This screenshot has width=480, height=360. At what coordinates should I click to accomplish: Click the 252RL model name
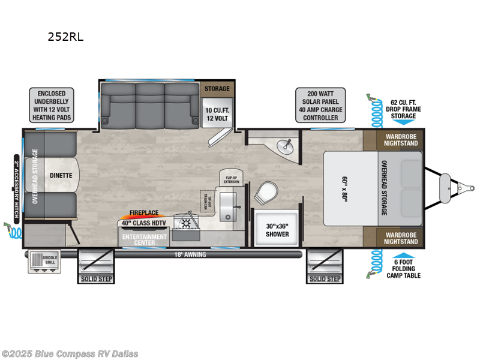[x=65, y=37]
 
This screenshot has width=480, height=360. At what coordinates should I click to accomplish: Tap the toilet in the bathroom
[x=265, y=193]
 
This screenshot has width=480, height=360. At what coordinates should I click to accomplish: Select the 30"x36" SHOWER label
[x=277, y=230]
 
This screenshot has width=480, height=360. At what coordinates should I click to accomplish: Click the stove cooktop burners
[x=186, y=223]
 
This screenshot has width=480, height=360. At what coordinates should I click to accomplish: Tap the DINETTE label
[x=61, y=175]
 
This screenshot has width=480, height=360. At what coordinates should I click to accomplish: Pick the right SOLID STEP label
[x=325, y=278]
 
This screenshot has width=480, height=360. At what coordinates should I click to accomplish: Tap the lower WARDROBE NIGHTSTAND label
[x=400, y=238]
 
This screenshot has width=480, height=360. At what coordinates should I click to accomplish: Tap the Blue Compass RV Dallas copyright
[x=70, y=353]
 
